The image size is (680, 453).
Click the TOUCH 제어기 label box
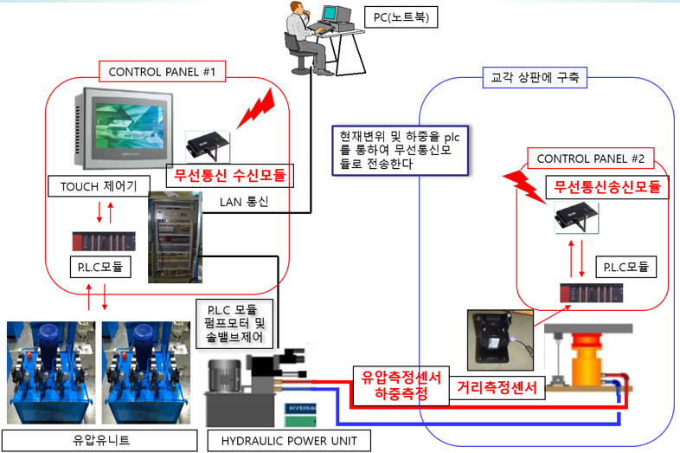pyautogui.click(x=99, y=184)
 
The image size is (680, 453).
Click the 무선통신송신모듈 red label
pyautogui.click(x=606, y=186)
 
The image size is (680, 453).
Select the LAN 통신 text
pyautogui.click(x=245, y=203)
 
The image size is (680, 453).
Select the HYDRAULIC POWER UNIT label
pyautogui.click(x=289, y=441)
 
